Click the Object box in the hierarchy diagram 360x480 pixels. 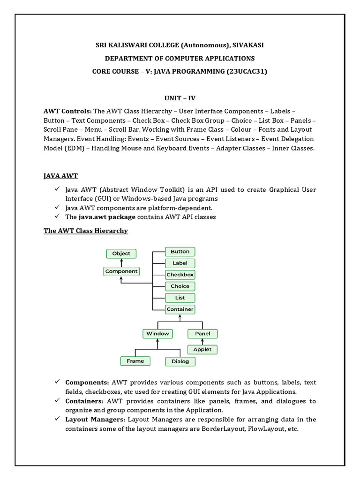[121, 254]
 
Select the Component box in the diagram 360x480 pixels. [121, 271]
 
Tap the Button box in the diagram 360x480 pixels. [180, 252]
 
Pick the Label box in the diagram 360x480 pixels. [180, 263]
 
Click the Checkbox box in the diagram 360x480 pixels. [180, 275]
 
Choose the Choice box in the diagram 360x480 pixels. [180, 286]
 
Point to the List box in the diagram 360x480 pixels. [180, 298]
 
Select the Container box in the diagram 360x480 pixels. [180, 309]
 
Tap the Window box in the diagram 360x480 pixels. [157, 334]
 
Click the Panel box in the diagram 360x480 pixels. [202, 334]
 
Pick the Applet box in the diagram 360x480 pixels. [202, 349]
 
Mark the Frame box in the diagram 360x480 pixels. [135, 361]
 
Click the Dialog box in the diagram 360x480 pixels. [180, 361]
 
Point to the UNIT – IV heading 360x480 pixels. [180, 98]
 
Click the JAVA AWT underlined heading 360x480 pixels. [60, 176]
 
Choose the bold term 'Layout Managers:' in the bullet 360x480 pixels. [95, 420]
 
